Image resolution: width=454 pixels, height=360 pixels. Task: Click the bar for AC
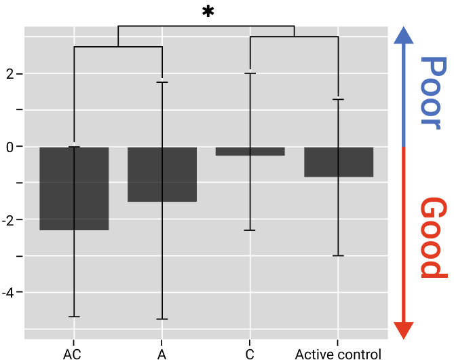click(x=74, y=188)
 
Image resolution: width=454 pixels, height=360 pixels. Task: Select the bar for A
click(x=162, y=174)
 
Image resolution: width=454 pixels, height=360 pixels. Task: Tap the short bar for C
click(x=250, y=151)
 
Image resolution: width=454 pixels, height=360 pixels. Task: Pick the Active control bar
click(x=338, y=162)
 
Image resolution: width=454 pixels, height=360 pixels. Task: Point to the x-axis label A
click(x=162, y=353)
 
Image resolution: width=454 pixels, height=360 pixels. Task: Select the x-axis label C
click(x=250, y=353)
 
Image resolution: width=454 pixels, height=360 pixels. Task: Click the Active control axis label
click(x=338, y=353)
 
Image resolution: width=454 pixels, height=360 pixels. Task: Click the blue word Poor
click(x=432, y=91)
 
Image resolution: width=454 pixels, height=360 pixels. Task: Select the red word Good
click(x=432, y=238)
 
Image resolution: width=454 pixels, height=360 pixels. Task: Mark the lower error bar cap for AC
click(x=74, y=317)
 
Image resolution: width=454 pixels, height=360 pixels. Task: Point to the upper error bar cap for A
click(x=162, y=82)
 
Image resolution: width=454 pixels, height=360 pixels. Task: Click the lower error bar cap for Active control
click(x=338, y=255)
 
